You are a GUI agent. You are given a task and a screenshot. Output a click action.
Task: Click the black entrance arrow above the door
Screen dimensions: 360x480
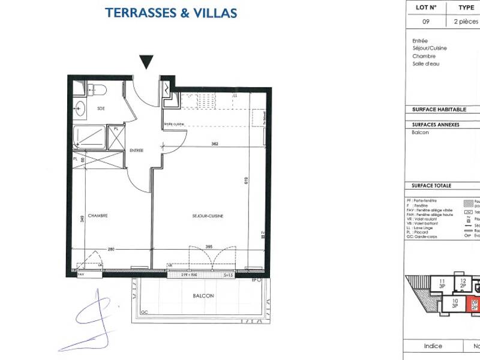click(x=146, y=61)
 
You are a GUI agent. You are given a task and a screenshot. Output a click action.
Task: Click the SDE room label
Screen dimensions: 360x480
click(x=101, y=108)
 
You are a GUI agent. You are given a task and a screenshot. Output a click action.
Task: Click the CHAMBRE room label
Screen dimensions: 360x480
click(x=97, y=215)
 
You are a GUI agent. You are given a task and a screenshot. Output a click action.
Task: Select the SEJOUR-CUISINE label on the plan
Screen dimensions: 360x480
click(x=208, y=215)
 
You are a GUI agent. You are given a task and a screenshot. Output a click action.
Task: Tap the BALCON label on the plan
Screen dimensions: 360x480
click(x=203, y=296)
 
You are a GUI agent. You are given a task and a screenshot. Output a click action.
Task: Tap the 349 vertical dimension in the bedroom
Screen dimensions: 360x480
click(x=82, y=219)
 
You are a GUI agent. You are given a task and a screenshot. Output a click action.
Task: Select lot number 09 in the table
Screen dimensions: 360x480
click(x=425, y=21)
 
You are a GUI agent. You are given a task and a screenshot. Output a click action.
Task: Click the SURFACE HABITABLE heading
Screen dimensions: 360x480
click(x=439, y=110)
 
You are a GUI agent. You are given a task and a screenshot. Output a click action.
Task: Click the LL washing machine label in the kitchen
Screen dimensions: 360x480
click(x=235, y=96)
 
